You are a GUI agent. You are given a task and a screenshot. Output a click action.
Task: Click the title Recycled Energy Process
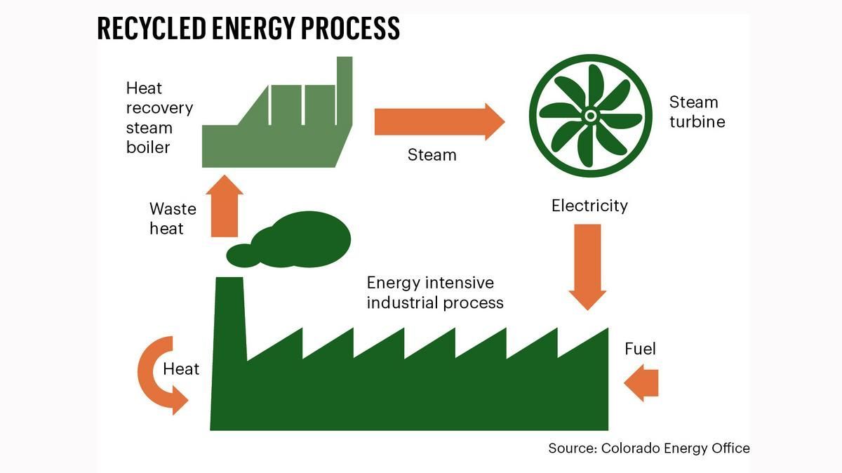[248, 29]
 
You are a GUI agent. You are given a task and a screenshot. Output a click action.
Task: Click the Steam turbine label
[696, 112]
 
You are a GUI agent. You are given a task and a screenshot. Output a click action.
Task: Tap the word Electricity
[589, 206]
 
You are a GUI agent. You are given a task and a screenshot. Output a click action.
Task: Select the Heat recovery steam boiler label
[159, 118]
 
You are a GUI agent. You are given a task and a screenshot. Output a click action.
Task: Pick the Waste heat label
[173, 218]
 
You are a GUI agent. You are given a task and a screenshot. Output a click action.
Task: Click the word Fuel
[640, 349]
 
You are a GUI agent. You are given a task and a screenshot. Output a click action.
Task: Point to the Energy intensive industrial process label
[435, 293]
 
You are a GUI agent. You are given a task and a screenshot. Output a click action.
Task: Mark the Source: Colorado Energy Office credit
[649, 448]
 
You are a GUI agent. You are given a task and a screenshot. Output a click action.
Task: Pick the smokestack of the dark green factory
[229, 316]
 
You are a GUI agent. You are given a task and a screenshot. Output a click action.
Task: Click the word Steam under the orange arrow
[432, 154]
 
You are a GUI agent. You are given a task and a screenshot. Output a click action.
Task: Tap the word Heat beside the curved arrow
[181, 369]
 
